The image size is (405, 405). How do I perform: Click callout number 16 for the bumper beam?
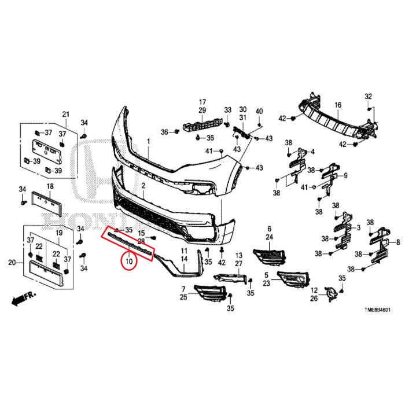[338, 105]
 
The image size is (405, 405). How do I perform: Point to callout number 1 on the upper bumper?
[148, 141]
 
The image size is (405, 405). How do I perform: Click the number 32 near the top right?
[369, 96]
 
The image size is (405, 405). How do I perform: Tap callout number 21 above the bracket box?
[65, 113]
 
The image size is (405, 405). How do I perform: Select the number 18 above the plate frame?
[50, 186]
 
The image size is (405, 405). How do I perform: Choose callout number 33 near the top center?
[227, 110]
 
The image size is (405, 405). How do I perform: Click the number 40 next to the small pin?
[259, 111]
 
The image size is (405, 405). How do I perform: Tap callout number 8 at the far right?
[397, 242]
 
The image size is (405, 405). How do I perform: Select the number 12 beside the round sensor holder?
[314, 290]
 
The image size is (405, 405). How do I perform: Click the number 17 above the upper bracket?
[203, 102]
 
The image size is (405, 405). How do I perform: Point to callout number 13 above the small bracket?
[238, 255]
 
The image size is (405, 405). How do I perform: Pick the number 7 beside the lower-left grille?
[183, 289]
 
